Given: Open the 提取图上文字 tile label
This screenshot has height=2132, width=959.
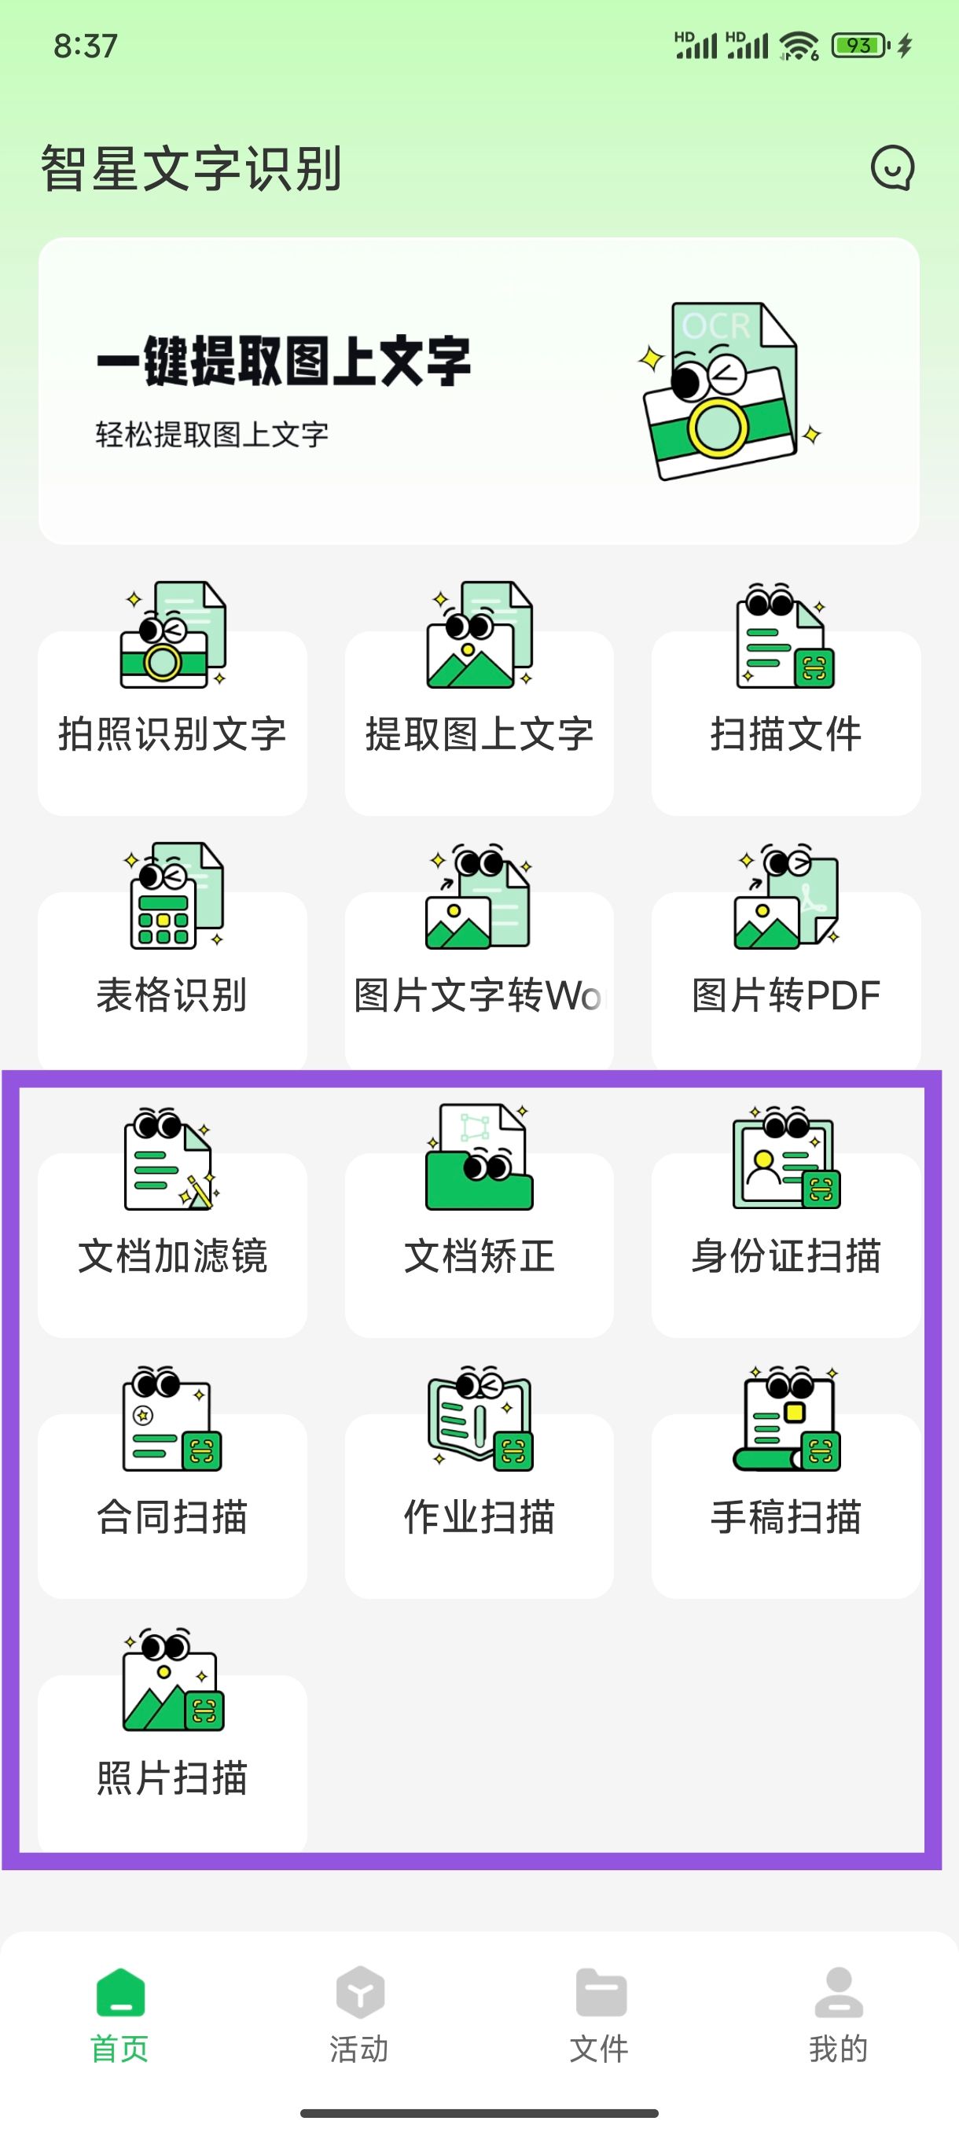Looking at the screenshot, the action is (x=479, y=734).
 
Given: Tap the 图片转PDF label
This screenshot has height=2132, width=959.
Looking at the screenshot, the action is (x=785, y=994).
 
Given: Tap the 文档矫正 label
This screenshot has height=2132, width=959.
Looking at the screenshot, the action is (x=479, y=1255).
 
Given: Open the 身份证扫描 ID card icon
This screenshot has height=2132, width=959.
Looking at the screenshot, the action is (x=785, y=1158).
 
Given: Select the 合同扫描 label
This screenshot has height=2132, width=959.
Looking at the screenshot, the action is (x=172, y=1516).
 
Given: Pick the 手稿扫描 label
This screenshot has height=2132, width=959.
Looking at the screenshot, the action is (x=785, y=1516).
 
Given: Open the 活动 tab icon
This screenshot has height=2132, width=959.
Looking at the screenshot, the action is (x=359, y=1993).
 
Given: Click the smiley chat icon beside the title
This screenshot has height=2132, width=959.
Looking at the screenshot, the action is (x=892, y=168).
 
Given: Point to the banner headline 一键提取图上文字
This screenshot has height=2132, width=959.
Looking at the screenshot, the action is (x=284, y=361).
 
